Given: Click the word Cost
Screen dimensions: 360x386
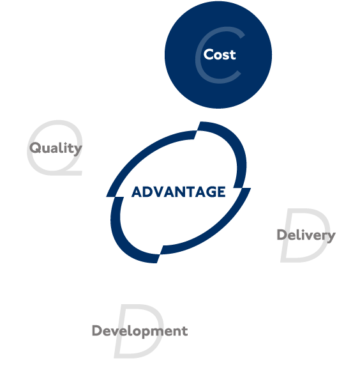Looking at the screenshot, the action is click(220, 54).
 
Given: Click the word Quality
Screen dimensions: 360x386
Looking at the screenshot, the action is click(56, 148).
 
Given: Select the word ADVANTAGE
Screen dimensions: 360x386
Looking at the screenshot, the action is click(179, 192).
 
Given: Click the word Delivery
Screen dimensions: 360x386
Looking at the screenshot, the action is click(306, 235).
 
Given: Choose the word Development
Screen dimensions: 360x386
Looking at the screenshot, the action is click(140, 331).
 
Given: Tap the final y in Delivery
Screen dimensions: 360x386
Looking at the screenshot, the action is click(331, 237).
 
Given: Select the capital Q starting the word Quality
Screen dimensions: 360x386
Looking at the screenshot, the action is click(35, 148).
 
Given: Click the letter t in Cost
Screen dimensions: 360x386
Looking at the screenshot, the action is click(233, 55).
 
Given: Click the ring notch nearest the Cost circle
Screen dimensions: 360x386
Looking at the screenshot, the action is click(197, 130).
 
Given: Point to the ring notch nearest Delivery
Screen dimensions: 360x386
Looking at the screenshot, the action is click(242, 188).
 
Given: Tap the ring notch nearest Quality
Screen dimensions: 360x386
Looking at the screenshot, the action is click(115, 197).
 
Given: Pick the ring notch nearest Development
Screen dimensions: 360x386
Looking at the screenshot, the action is click(160, 254).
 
